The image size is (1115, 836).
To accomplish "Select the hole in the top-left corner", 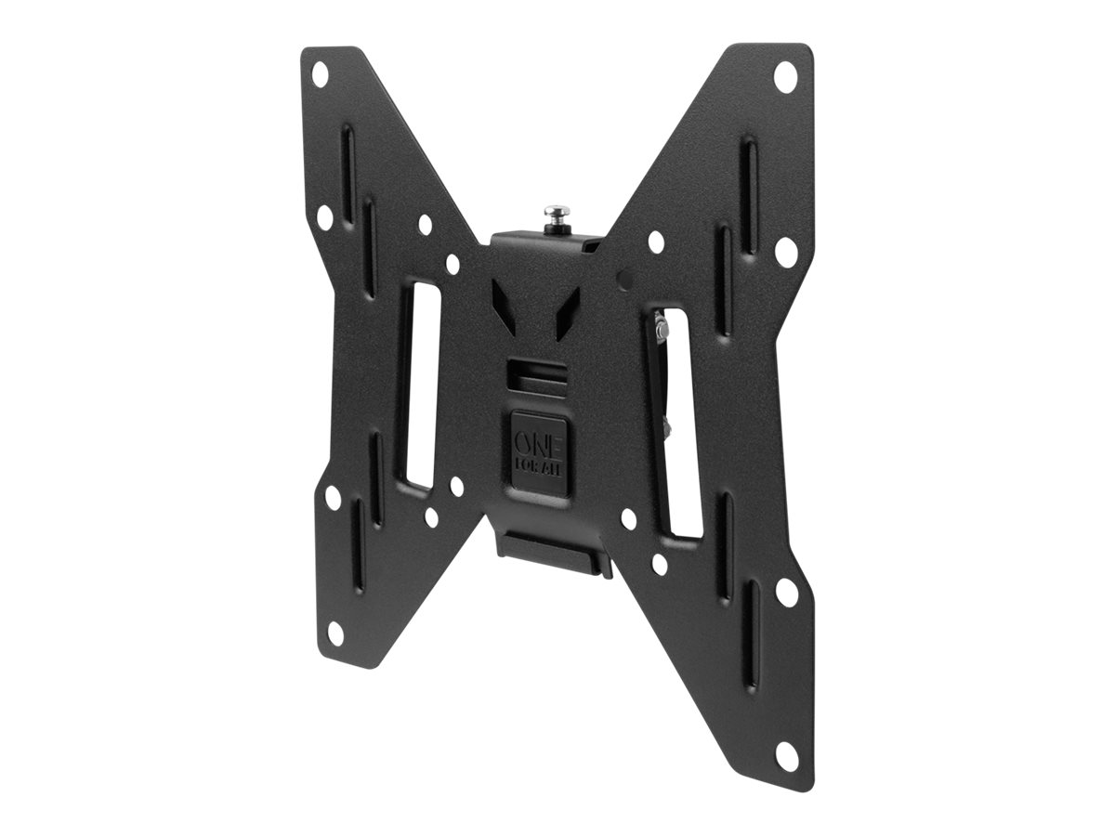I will (x=320, y=74).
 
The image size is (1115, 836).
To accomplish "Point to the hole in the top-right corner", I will (x=785, y=76).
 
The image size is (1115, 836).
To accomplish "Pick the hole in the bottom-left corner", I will (x=335, y=633).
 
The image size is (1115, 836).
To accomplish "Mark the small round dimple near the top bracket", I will (x=623, y=278).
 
